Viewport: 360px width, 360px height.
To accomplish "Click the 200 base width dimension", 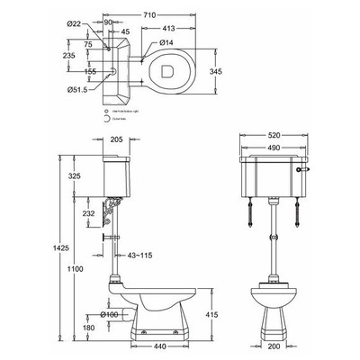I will pyautogui.click(x=273, y=346).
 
